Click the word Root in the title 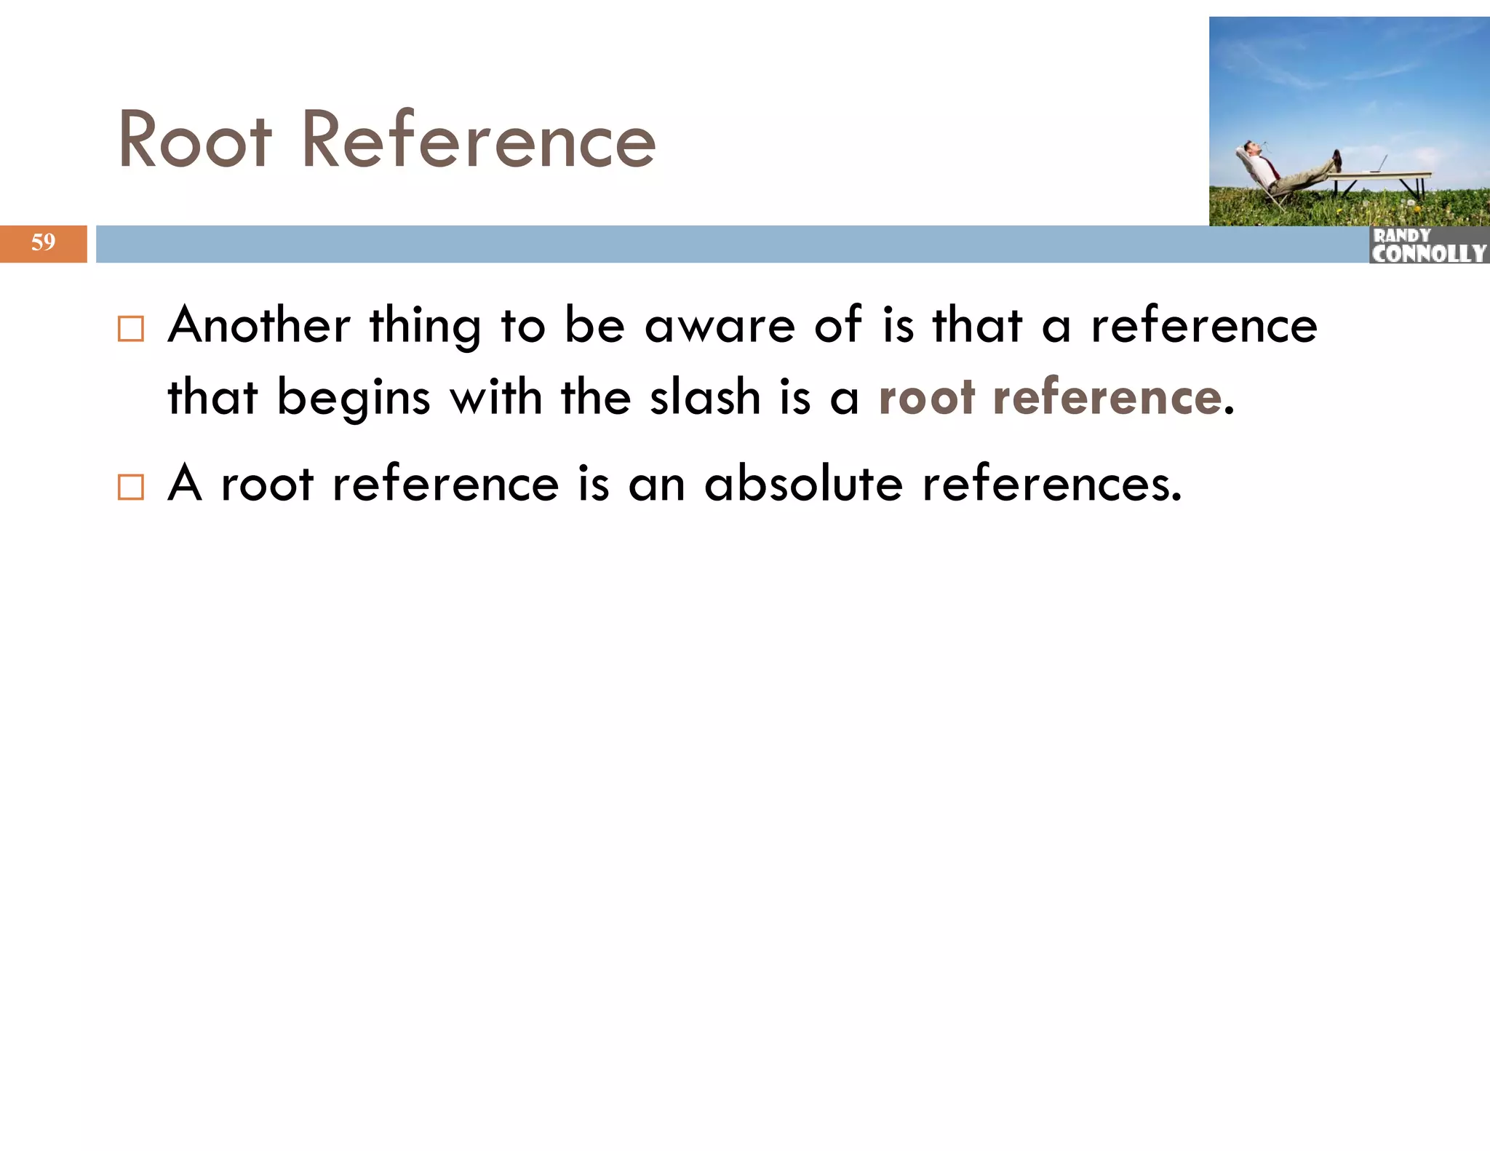point(195,140)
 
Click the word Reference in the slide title point(479,140)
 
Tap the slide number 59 point(43,242)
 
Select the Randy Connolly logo point(1428,245)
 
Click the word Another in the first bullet point(259,325)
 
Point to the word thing point(426,327)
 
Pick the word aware point(720,327)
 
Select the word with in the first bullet point(496,398)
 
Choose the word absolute point(803,484)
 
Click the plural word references point(1052,484)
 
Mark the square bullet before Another point(131,329)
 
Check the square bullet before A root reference point(131,487)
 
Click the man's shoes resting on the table point(1336,160)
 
